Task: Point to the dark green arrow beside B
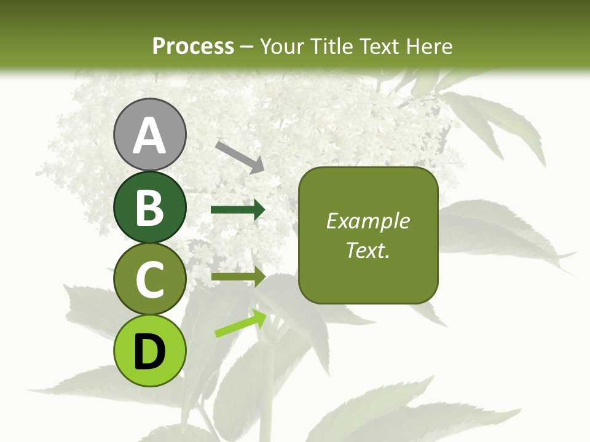[x=238, y=210]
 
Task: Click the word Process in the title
[x=193, y=47]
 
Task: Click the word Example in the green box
[x=368, y=221]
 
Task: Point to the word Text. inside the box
[x=368, y=250]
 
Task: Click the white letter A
[x=149, y=136]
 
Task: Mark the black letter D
[x=149, y=352]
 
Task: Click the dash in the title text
[x=247, y=47]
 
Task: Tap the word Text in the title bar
[x=377, y=47]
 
